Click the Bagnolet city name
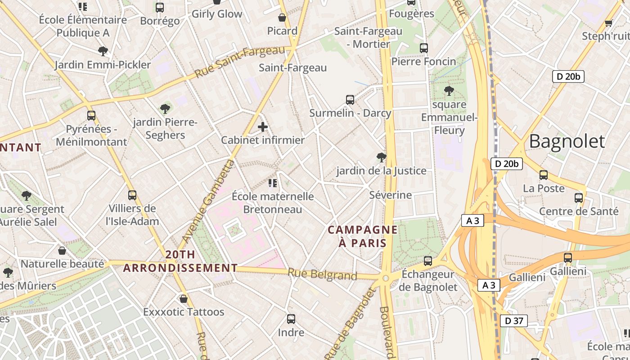point(567,141)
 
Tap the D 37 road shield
point(513,321)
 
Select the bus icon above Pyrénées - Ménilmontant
point(91,116)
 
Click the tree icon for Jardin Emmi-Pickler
point(103,51)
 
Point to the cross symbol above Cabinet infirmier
point(263,127)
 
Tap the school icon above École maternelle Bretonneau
point(272,183)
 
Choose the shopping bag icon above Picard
point(282,18)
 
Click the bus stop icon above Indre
point(291,319)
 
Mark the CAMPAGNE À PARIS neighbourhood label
point(363,236)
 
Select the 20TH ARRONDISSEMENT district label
point(180,261)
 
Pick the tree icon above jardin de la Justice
point(382,157)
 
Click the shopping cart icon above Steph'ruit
point(609,23)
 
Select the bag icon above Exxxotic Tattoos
point(184,299)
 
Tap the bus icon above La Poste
point(544,175)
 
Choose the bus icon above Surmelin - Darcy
point(350,100)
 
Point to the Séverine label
point(390,195)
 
